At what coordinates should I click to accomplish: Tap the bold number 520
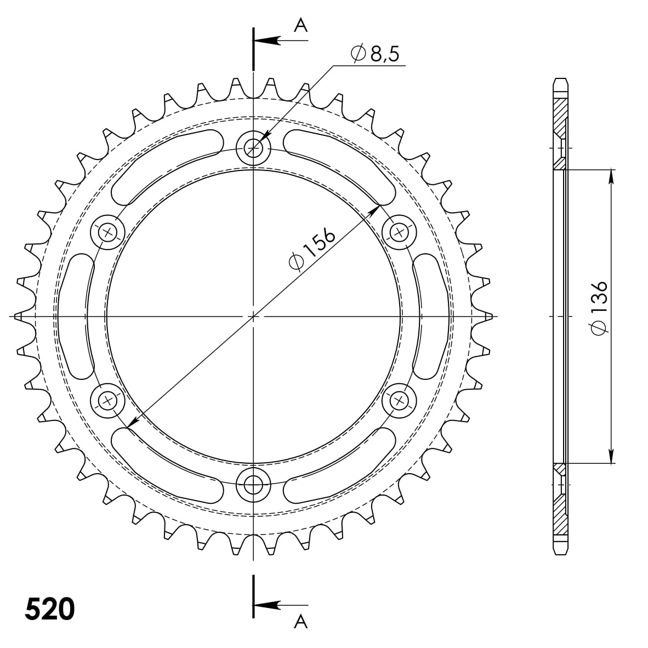click(x=49, y=609)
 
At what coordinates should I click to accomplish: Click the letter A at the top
click(x=301, y=25)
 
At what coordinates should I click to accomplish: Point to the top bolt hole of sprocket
click(x=253, y=147)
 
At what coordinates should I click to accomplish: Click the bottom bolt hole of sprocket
click(x=253, y=484)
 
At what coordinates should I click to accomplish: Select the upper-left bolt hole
click(x=107, y=232)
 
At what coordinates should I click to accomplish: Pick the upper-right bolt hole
click(x=399, y=232)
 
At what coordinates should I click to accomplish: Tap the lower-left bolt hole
click(x=107, y=401)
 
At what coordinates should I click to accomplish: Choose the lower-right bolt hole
click(x=399, y=401)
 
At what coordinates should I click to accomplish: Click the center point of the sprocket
click(x=253, y=316)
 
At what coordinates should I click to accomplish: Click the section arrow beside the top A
click(x=269, y=41)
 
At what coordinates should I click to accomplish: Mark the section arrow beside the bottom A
click(x=269, y=605)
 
